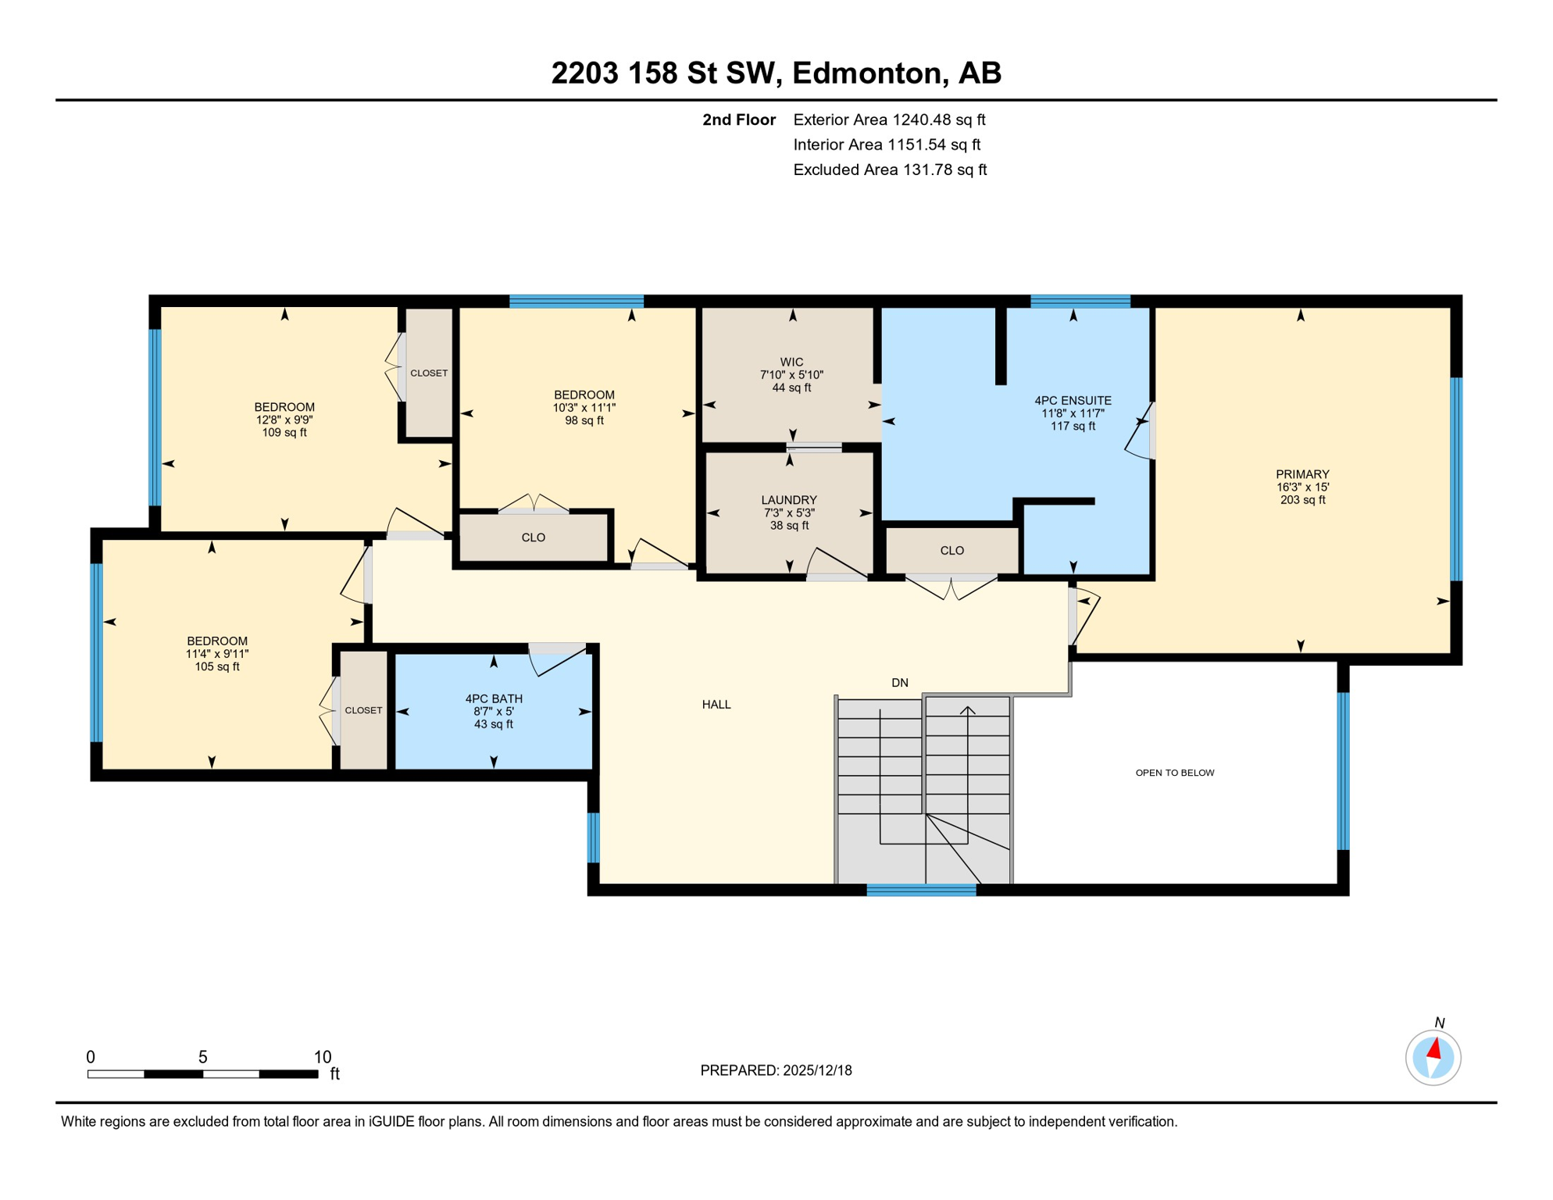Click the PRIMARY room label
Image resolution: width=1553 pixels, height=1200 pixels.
pyautogui.click(x=1302, y=474)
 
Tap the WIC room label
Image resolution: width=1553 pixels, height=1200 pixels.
pyautogui.click(x=791, y=362)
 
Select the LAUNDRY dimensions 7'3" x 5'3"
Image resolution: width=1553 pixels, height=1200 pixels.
pyautogui.click(x=789, y=513)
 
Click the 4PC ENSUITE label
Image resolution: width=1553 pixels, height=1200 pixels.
pyautogui.click(x=1073, y=401)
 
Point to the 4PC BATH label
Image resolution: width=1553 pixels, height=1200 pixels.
pyautogui.click(x=494, y=699)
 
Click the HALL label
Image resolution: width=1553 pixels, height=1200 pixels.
pyautogui.click(x=716, y=705)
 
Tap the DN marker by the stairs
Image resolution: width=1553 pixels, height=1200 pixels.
pyautogui.click(x=900, y=683)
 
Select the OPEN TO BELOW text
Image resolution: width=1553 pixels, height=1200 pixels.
pyautogui.click(x=1174, y=773)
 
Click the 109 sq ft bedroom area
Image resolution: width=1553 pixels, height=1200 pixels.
pyautogui.click(x=284, y=433)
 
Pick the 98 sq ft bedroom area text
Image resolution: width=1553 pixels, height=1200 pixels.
pyautogui.click(x=584, y=421)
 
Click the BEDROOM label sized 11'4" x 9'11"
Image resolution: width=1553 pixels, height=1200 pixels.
pyautogui.click(x=217, y=641)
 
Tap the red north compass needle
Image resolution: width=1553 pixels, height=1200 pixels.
pyautogui.click(x=1434, y=1048)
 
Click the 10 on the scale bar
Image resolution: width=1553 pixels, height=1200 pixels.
pyautogui.click(x=323, y=1057)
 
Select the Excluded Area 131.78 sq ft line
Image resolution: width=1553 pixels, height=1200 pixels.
pyautogui.click(x=890, y=170)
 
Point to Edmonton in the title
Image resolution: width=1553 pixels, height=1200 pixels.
pyautogui.click(x=869, y=73)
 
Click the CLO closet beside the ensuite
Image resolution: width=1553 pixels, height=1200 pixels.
pyautogui.click(x=951, y=551)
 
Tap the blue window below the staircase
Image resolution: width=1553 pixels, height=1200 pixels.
pyautogui.click(x=921, y=890)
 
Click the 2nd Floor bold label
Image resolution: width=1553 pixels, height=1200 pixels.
pyautogui.click(x=738, y=120)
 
